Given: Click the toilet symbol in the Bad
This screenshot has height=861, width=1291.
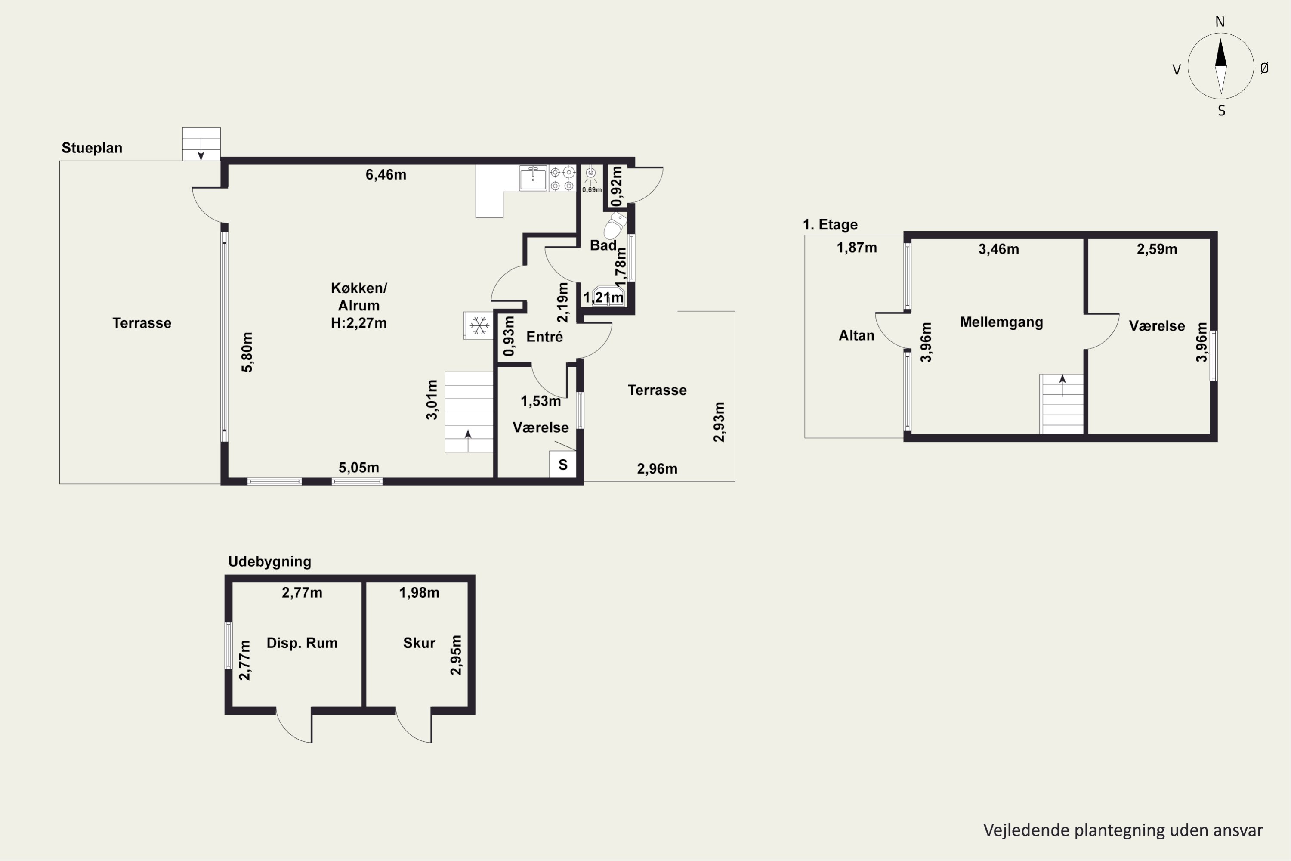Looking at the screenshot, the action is coord(616,225).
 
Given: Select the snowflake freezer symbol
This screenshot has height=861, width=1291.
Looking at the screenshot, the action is coord(479,325).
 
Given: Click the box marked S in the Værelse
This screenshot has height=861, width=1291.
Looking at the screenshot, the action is coord(562,465).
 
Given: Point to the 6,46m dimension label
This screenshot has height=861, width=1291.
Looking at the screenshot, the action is coord(386,175).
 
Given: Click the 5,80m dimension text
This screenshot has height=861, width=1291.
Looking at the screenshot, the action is coord(247,352).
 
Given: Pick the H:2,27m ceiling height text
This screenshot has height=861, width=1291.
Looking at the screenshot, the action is coord(359,323).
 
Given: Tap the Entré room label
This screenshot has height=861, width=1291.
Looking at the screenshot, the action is coord(544,337).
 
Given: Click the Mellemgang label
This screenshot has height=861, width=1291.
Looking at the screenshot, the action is coord(1001,322).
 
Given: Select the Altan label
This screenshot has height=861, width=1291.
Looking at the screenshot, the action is coord(856,335).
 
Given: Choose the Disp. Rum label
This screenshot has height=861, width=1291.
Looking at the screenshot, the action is coord(302,643).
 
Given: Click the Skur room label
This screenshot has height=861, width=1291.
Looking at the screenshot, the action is coord(419,643).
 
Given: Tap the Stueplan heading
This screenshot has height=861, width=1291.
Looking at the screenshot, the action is coord(92,148).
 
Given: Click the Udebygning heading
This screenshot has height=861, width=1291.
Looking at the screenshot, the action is coord(269,561).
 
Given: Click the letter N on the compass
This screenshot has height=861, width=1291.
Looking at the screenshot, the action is coord(1220,22).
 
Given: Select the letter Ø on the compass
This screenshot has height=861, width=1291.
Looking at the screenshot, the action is coord(1265,68).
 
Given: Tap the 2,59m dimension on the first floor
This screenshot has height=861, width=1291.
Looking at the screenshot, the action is coord(1157,249).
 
